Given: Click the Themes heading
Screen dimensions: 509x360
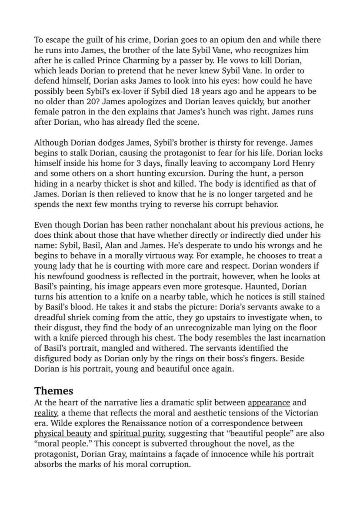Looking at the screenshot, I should coord(54,390).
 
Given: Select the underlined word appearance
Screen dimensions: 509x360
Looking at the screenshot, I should coord(269,403).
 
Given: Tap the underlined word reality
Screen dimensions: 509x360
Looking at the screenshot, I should coord(46,413).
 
